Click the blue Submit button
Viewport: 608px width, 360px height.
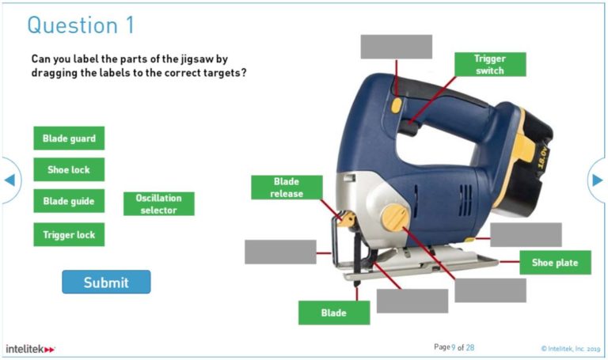106,282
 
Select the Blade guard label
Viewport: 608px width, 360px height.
69,138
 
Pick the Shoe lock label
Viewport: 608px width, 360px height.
69,169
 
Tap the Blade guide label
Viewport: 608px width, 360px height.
69,201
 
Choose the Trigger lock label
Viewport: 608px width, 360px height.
69,234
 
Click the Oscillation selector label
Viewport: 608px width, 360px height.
158,204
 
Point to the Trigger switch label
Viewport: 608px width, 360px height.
489,65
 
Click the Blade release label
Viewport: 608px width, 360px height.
287,188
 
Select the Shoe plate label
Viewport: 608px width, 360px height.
555,263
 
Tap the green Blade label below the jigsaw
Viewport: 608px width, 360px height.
333,313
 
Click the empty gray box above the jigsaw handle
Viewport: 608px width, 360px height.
396,47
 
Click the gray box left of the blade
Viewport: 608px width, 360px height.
280,252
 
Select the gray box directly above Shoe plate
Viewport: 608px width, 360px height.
526,235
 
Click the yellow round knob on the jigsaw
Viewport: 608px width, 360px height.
395,217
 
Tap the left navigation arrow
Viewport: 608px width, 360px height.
9,180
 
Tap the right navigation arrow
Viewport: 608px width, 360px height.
598,180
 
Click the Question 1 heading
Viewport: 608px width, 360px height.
81,25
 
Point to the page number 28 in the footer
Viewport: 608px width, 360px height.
469,347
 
